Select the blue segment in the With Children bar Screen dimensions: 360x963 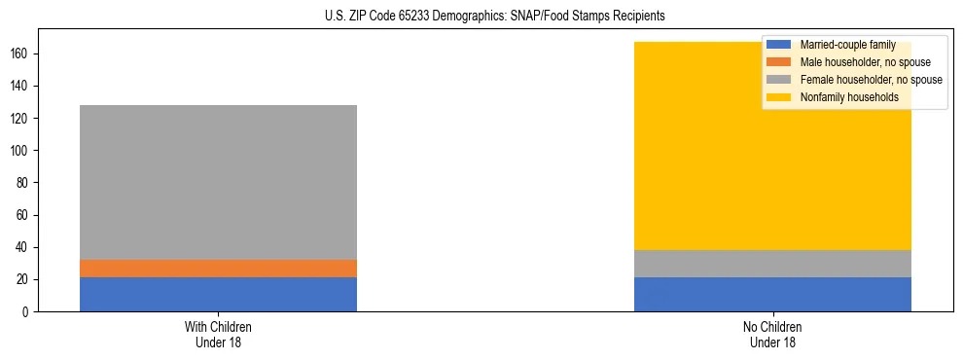click(218, 294)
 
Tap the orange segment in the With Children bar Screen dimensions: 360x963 click(218, 269)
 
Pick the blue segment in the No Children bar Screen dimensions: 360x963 click(772, 294)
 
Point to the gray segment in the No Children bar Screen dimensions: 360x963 click(772, 264)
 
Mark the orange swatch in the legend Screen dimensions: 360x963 click(778, 62)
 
